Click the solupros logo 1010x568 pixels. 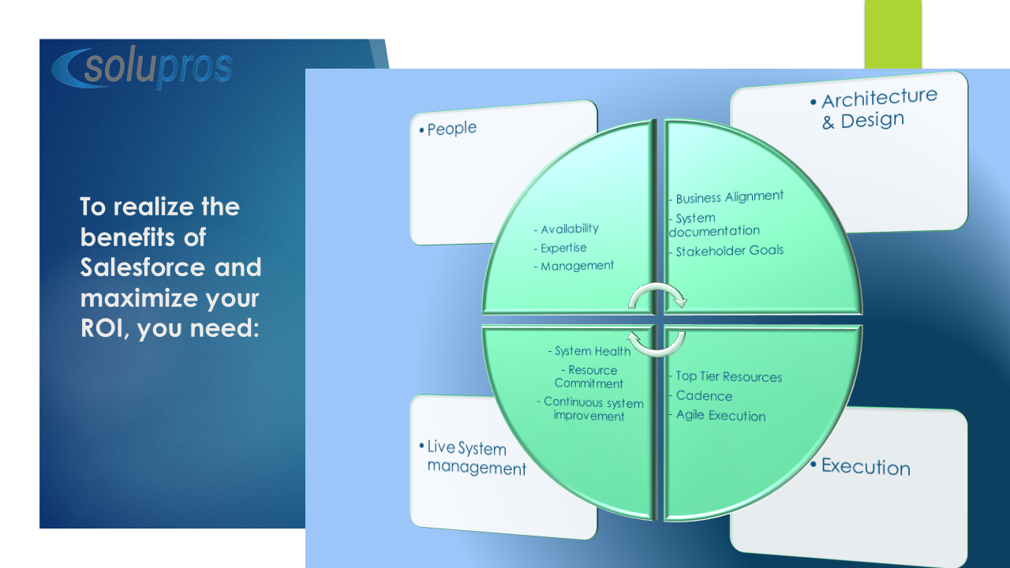click(142, 68)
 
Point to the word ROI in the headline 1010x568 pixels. click(102, 327)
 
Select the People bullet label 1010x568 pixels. click(447, 129)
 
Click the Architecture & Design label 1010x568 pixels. click(873, 109)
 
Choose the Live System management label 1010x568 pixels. click(473, 458)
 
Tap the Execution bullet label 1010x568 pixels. click(860, 466)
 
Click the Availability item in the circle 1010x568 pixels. click(567, 229)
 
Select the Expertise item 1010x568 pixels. click(560, 248)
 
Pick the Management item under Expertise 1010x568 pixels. click(574, 266)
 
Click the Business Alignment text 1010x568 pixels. click(726, 197)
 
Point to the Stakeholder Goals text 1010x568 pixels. click(726, 251)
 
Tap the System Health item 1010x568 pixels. click(589, 351)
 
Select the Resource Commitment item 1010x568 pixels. click(589, 377)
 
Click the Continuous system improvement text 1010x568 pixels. click(590, 409)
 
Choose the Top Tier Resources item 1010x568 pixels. click(725, 376)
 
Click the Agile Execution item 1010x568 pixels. click(717, 415)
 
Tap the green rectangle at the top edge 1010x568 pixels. click(892, 34)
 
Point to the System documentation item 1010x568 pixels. click(714, 225)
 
